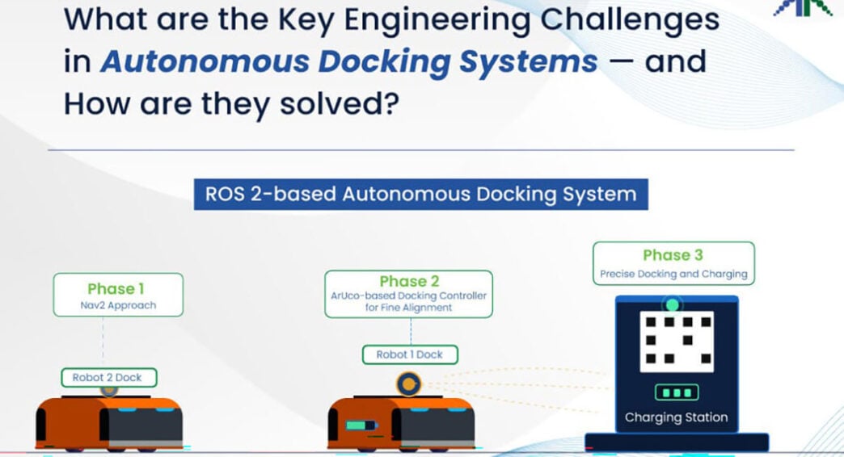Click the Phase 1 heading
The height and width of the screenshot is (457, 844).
pos(116,289)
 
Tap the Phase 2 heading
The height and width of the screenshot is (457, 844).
pos(409,281)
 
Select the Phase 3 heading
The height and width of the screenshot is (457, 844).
pos(673,255)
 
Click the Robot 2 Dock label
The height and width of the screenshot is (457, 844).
pos(108,377)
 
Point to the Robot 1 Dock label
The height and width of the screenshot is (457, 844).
pos(410,354)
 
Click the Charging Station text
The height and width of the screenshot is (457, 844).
pos(676,417)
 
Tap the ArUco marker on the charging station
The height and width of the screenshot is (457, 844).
pos(677,342)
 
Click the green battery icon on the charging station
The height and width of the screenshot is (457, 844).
pos(677,392)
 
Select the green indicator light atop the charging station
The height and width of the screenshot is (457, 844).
pos(673,305)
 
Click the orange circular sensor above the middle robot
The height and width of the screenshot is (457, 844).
pos(408,384)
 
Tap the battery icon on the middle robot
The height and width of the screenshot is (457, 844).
pos(360,426)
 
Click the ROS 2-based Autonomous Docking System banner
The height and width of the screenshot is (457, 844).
pos(421,194)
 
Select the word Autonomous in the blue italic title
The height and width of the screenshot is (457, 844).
pos(205,61)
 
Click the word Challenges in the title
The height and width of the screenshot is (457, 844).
pos(630,20)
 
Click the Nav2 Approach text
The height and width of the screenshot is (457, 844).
pos(118,305)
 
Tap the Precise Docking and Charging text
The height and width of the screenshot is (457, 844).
pos(674,275)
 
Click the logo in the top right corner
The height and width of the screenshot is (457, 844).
pos(802,7)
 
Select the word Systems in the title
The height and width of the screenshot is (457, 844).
pos(528,62)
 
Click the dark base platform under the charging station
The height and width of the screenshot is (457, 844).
pos(677,442)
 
